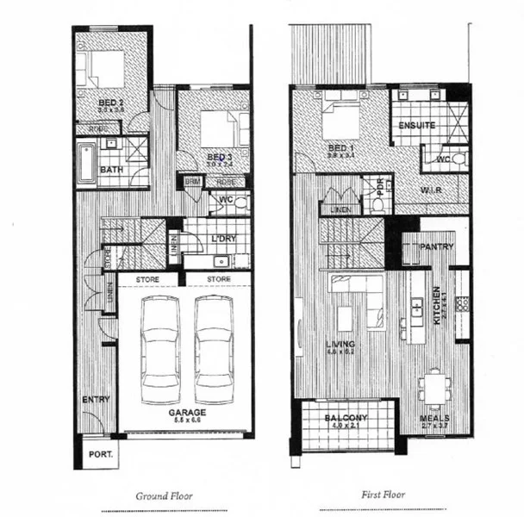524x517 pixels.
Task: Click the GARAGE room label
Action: coord(187,413)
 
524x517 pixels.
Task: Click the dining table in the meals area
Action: coord(436,387)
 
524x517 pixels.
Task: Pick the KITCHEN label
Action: coord(437,304)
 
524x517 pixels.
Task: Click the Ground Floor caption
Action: coord(164,495)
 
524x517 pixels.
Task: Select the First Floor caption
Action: coord(382,495)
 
